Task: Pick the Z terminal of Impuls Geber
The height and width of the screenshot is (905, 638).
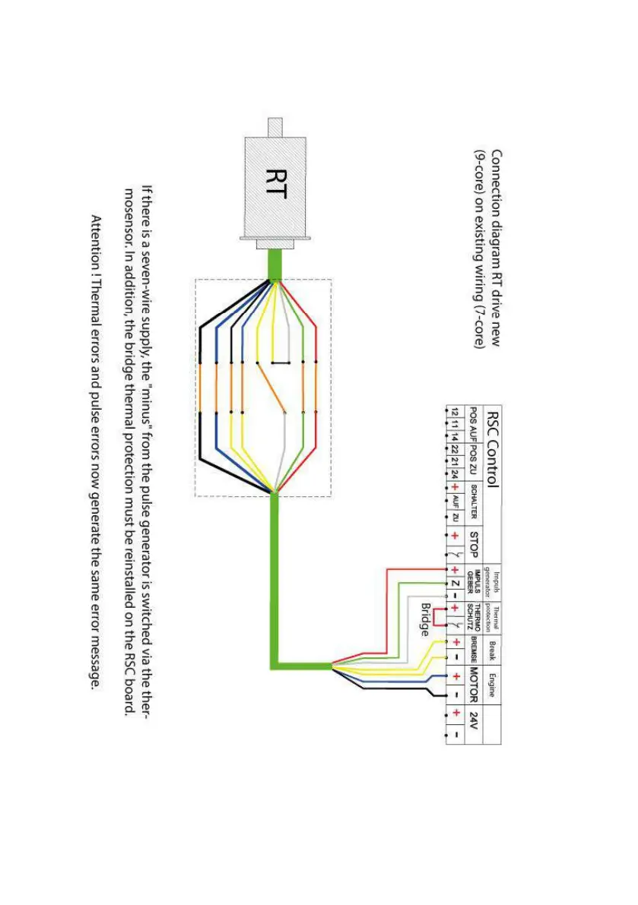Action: [455, 583]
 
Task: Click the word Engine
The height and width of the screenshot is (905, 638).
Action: [492, 683]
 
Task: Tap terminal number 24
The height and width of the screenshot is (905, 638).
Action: [455, 473]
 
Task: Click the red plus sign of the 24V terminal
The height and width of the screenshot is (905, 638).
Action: [455, 712]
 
